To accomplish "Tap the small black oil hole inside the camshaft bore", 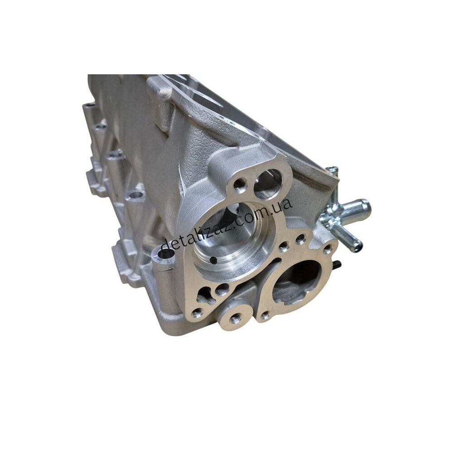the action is [213, 260].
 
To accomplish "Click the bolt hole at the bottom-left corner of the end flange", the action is [197, 312].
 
